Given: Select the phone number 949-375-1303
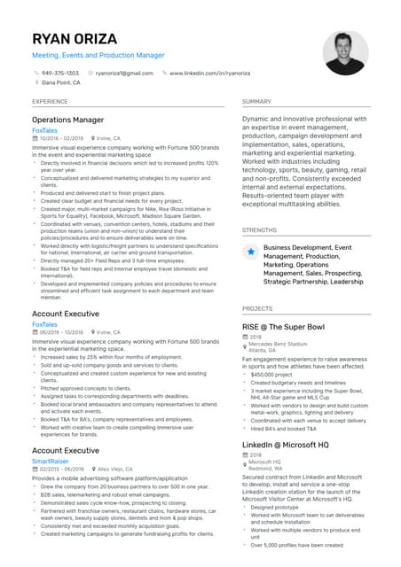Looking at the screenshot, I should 60,73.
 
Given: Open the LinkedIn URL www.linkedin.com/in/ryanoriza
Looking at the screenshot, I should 209,73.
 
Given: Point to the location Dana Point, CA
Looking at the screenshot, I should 61,82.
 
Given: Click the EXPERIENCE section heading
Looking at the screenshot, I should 50,102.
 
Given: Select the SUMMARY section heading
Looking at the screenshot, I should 256,102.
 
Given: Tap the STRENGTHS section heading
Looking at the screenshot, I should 259,229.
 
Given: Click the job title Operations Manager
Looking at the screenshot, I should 67,120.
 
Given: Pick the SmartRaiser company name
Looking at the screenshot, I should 51,461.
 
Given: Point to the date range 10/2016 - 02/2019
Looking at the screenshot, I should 62,138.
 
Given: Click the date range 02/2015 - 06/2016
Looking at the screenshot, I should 62,470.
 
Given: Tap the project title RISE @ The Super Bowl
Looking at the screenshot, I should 284,326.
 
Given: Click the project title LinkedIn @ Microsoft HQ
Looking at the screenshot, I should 286,443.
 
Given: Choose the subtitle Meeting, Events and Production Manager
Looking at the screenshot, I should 98,55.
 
